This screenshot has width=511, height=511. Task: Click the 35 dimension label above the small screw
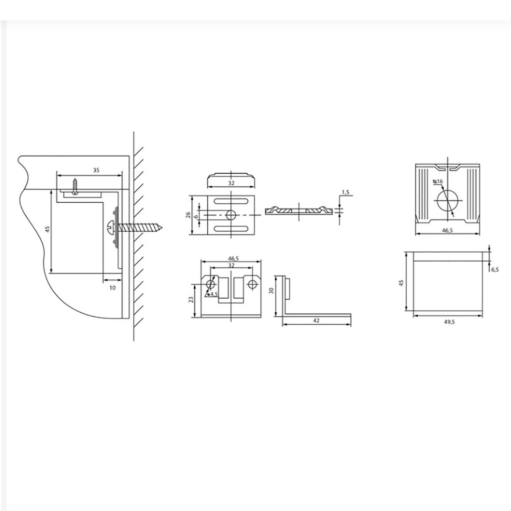pos(96,170)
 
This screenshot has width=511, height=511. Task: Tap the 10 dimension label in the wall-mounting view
pos(112,288)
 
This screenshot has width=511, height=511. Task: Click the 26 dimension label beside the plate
pos(188,215)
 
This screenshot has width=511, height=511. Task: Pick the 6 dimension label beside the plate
pos(196,216)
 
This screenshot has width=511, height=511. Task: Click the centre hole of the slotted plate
pos(231,215)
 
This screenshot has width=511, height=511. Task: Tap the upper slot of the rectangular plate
pos(231,202)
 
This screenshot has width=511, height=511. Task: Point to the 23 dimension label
pos(191,299)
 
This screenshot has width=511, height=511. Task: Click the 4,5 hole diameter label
pos(214,294)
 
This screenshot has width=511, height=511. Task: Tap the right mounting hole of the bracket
pos(252,284)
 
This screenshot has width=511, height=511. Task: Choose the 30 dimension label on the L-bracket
pos(271,291)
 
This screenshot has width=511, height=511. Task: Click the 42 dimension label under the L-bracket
pos(316,321)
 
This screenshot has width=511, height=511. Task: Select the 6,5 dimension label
pos(495,269)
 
